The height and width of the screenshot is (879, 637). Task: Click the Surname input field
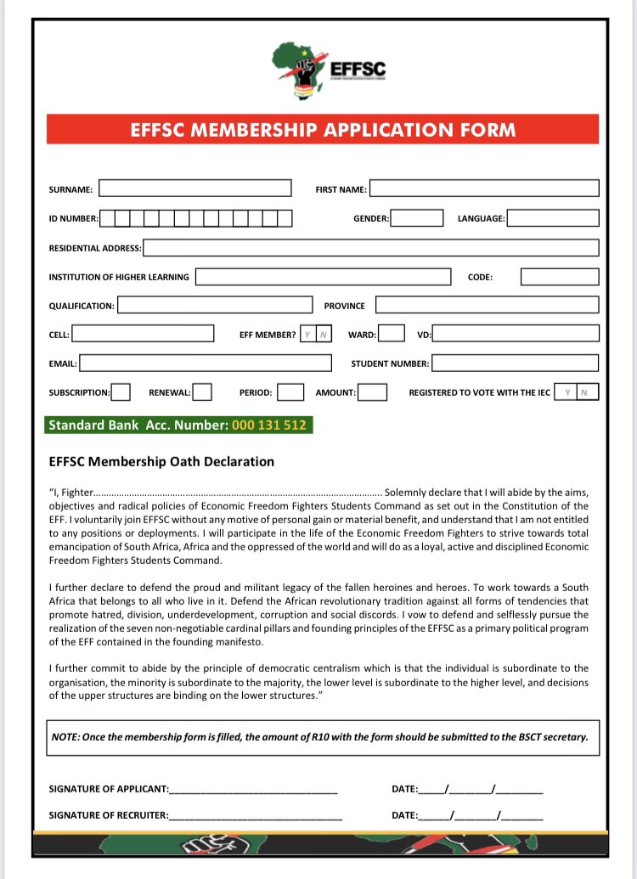coord(194,189)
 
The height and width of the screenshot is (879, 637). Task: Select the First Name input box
coord(483,189)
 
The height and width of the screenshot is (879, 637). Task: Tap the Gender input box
coord(416,218)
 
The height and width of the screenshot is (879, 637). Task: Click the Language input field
coord(552,218)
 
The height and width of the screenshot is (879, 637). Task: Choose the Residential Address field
coord(370,248)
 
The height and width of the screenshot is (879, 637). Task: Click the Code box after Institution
coord(559,277)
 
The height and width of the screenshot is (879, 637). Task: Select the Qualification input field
coord(215,305)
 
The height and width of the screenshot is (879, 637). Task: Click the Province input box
coord(487,305)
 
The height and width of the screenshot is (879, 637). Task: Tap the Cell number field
coord(143,335)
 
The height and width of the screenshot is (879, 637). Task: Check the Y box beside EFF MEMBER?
coord(307,335)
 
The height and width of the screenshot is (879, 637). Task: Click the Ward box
coord(391,335)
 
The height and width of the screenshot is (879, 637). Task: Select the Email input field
coord(205,363)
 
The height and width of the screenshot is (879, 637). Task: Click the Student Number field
coord(515,363)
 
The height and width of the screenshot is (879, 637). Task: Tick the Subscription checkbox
coord(121,392)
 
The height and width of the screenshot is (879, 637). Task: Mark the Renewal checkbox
coord(202,392)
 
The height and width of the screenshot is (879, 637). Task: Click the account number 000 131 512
coord(268,425)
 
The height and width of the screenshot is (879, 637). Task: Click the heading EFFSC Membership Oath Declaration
coord(161,462)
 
